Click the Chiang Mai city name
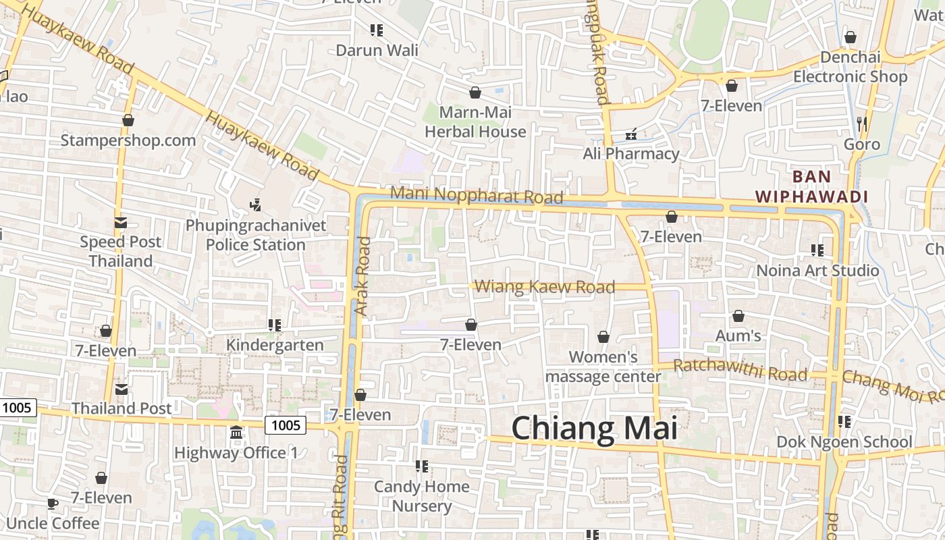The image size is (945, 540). coord(593,429)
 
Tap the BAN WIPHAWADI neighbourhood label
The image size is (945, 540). coord(811,187)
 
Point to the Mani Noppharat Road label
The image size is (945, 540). coord(477,195)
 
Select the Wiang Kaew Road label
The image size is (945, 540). coord(545,287)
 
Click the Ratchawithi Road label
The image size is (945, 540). coord(740,370)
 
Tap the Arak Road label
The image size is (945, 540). coord(362,277)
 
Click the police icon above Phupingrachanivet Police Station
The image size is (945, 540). coord(255,204)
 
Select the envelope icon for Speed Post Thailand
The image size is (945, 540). coord(121,222)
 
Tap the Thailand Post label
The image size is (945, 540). coord(122,408)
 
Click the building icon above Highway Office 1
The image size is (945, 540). coord(236,432)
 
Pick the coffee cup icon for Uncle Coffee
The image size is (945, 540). coord(53,504)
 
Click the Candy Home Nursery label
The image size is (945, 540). coord(422,496)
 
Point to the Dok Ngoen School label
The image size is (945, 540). coord(844,442)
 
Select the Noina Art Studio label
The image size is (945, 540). coord(817,271)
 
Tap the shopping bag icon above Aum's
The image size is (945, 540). coord(738,316)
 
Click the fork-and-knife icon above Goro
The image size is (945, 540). coord(861,124)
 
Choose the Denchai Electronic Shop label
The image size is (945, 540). coord(850,67)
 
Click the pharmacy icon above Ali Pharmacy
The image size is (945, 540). coord(631,134)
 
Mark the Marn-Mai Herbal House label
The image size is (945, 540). coord(475,122)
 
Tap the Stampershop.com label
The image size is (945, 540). coord(128,140)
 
